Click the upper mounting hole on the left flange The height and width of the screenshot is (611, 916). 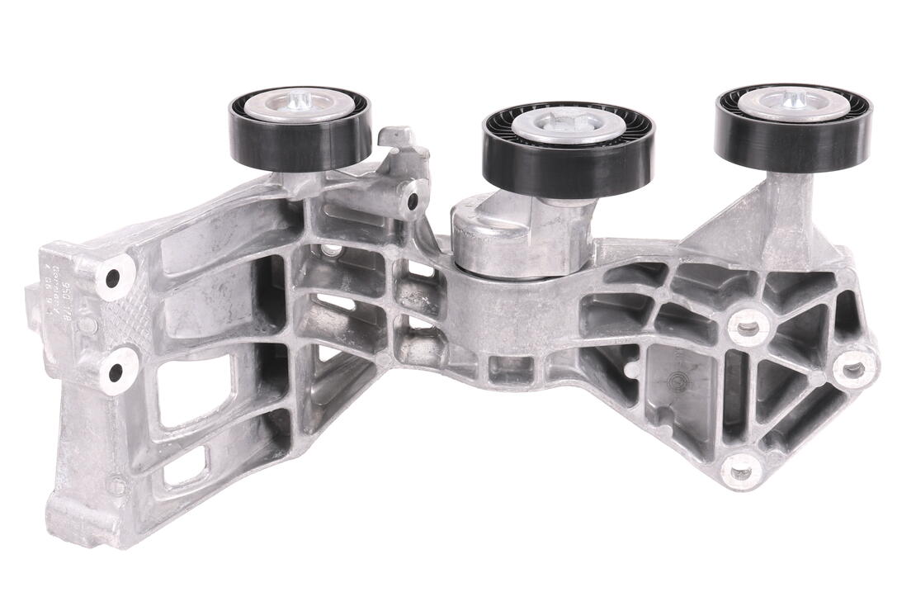(x=113, y=277)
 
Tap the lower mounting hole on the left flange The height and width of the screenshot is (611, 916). (x=115, y=372)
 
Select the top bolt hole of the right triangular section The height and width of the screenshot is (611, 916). (x=747, y=328)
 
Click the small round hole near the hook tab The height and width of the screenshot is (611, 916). (x=412, y=201)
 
